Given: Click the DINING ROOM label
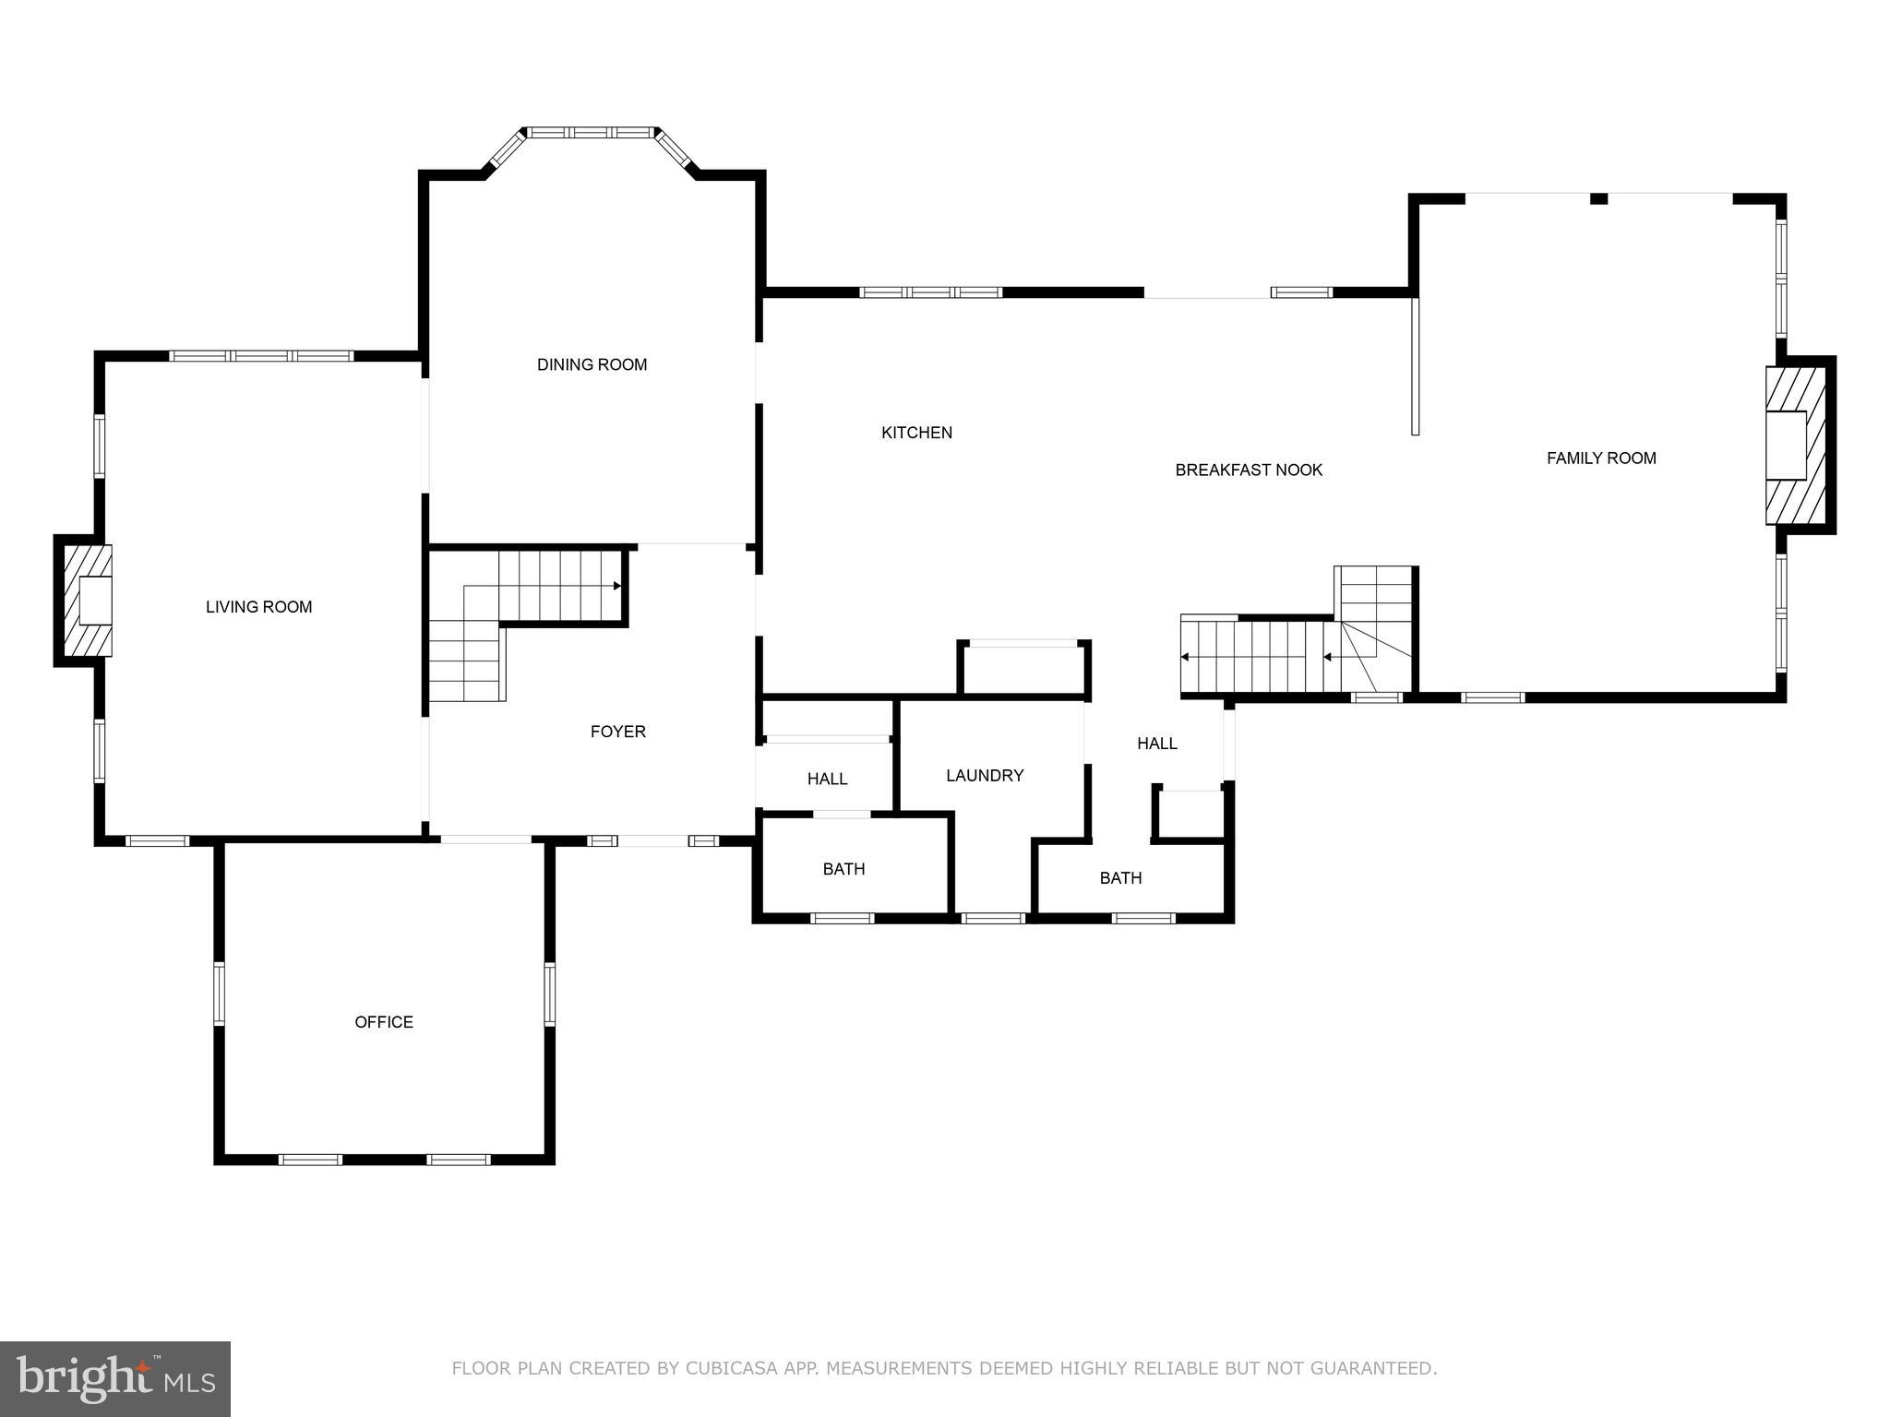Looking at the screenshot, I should pos(592,364).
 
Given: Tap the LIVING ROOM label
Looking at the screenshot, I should pos(258,607).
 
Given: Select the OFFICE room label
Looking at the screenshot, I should pos(384,1022).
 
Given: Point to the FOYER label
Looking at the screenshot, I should pos(617,732).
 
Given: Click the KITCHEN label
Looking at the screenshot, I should pos(916,433).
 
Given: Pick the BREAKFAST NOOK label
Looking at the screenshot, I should pos(1249,470).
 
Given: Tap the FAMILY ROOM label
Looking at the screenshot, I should pos(1601,458).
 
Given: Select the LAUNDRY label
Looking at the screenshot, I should pos(985,776).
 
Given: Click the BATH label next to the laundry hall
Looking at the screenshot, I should pos(843,869).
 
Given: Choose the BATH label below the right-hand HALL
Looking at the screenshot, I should pos(1120,878).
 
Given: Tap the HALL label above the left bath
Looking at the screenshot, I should pos(827,780).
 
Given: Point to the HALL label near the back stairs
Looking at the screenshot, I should pos(1156,744).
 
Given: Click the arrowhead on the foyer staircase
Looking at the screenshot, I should pos(616,585).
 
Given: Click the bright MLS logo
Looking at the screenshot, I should pos(115,1379).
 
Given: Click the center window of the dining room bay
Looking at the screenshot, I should pos(591,133).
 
